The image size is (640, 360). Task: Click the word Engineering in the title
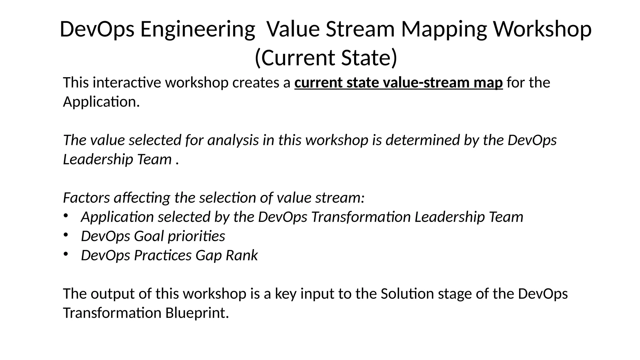197,29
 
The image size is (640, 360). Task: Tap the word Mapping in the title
444,29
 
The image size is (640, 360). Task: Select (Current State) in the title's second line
326,58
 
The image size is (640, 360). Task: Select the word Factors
86,198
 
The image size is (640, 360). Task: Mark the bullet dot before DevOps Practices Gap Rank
66,254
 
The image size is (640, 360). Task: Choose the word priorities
196,236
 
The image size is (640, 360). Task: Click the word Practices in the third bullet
162,255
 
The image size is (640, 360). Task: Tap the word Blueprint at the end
197,313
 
